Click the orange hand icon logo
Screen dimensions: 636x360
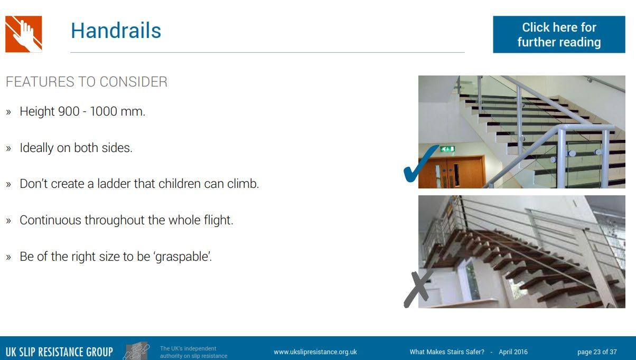pos(24,34)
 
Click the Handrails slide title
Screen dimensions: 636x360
pos(116,31)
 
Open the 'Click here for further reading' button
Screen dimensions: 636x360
pos(559,34)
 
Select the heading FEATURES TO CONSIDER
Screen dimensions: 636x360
pos(87,82)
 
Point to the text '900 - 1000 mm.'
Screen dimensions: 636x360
pos(101,111)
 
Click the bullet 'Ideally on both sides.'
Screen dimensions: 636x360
pos(76,148)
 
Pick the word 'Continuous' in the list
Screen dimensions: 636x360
pos(50,220)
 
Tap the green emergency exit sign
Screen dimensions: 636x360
pos(447,149)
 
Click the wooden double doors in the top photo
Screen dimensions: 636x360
pos(452,172)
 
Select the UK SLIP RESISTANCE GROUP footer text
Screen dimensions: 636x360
pos(59,352)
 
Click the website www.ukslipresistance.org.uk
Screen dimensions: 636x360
pos(315,352)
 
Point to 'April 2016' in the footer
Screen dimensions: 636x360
pos(513,352)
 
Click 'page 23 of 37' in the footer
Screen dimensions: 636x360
pos(597,352)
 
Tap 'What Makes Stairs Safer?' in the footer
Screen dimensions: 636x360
pos(447,352)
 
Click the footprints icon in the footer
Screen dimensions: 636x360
pos(136,351)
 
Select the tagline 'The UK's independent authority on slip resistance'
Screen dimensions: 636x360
pos(194,352)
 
